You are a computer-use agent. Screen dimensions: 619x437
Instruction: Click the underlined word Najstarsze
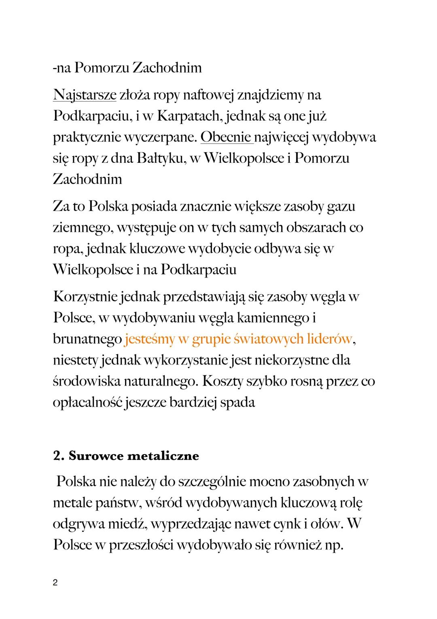(x=85, y=95)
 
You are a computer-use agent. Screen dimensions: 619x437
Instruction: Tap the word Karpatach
(x=188, y=116)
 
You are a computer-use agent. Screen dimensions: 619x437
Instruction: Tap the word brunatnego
(x=87, y=339)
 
